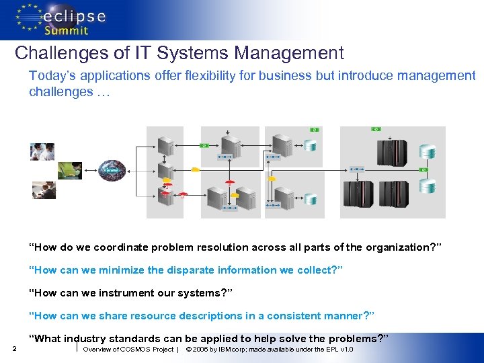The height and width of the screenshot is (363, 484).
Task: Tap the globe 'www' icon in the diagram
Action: [x=111, y=169]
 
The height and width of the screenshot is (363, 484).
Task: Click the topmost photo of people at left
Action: [x=42, y=151]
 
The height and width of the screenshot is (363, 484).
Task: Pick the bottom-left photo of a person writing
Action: [x=44, y=190]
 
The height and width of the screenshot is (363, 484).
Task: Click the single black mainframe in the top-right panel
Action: [x=389, y=152]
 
